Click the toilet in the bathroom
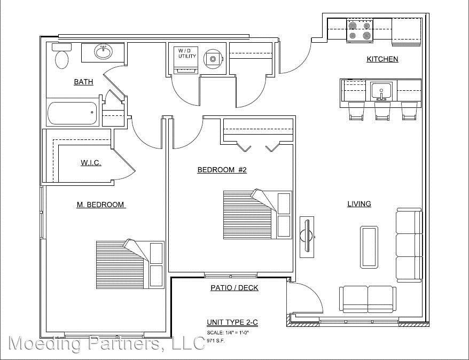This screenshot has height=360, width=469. click(61, 56)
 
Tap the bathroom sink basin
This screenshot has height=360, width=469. click(104, 52)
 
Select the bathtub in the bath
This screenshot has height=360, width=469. click(73, 113)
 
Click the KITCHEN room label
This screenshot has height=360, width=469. click(382, 59)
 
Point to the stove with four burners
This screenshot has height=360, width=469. click(360, 30)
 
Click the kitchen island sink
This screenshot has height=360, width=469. click(381, 91)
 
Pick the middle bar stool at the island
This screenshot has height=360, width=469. click(382, 111)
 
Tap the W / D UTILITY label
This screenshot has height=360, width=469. click(187, 53)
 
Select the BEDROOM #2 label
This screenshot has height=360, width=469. click(222, 170)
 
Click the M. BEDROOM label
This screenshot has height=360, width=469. click(100, 205)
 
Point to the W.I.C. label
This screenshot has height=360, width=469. click(91, 163)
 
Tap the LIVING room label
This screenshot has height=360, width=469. click(359, 204)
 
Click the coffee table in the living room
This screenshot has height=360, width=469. click(369, 247)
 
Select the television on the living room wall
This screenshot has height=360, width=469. click(308, 237)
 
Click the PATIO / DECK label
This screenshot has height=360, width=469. click(234, 288)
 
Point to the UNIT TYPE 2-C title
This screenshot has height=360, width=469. click(232, 322)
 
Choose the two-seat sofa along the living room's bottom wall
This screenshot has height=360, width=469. click(368, 299)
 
